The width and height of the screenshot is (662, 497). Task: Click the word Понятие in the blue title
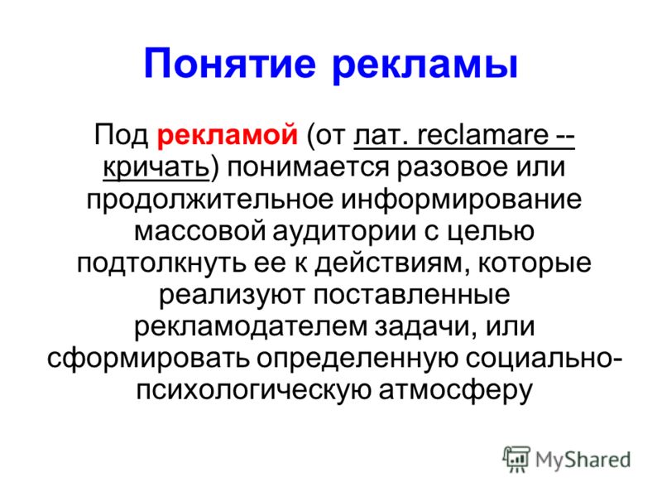pos(230,65)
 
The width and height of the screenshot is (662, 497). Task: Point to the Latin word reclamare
pos(482,135)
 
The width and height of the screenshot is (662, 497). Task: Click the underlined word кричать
pos(156,168)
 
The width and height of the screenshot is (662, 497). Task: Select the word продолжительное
pos(210,200)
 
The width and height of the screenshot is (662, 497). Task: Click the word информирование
pos(461,200)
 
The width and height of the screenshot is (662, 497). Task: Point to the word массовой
pos(199,231)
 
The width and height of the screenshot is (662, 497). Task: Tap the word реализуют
pos(232,296)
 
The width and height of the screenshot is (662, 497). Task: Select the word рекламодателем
pos(251,327)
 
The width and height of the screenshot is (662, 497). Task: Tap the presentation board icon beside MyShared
pos(516,459)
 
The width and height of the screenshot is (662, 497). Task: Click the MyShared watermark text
pos(583,461)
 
